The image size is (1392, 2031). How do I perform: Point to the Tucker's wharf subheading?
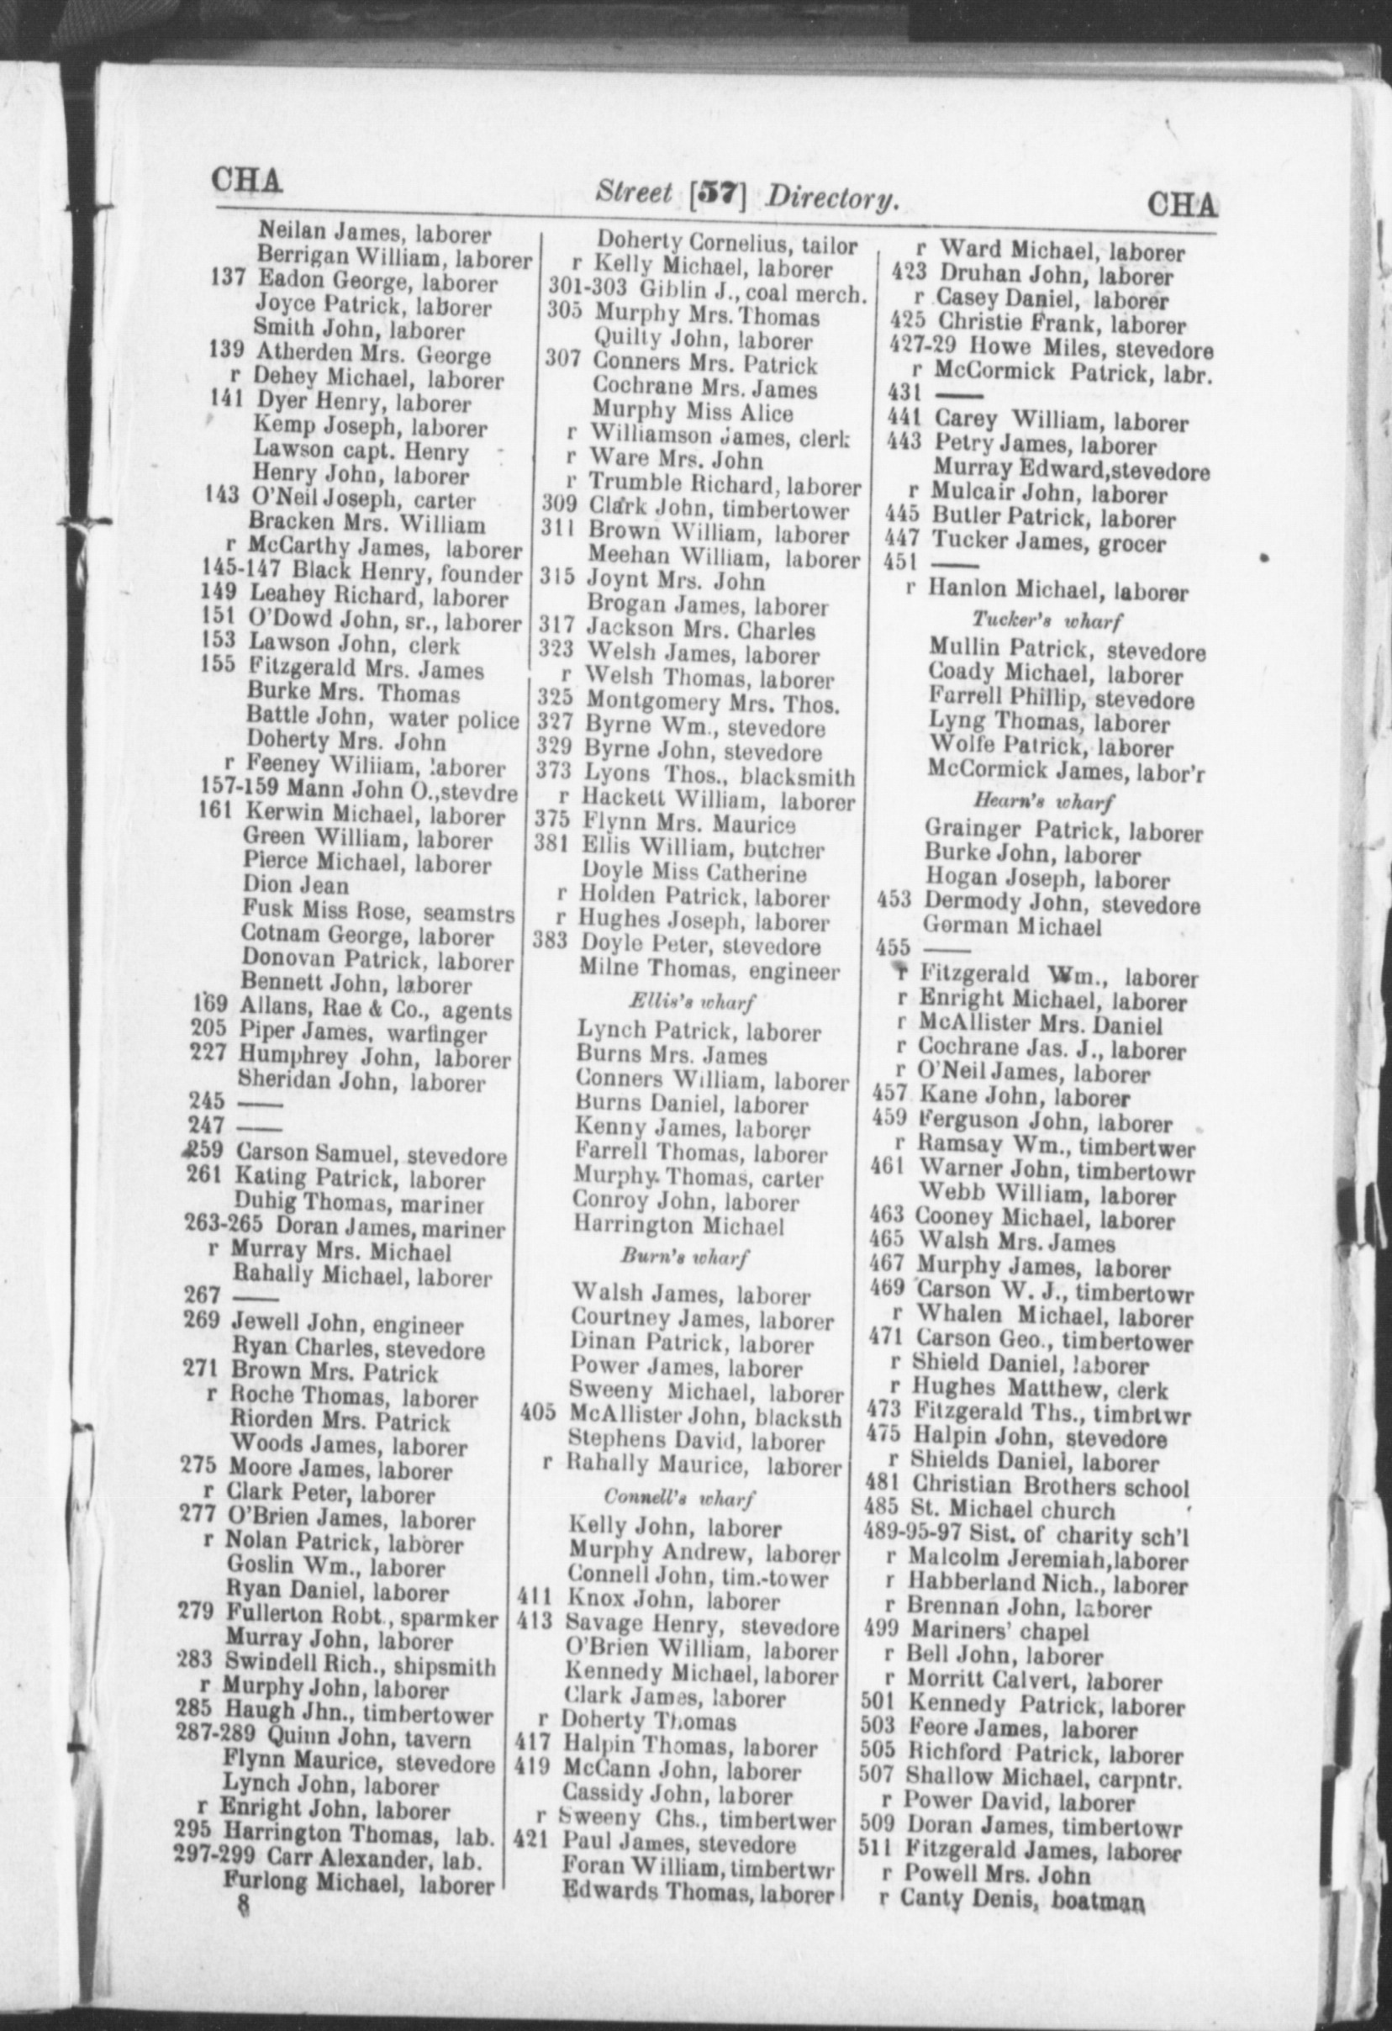[x=1047, y=620]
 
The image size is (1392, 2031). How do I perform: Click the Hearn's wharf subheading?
[x=1044, y=801]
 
